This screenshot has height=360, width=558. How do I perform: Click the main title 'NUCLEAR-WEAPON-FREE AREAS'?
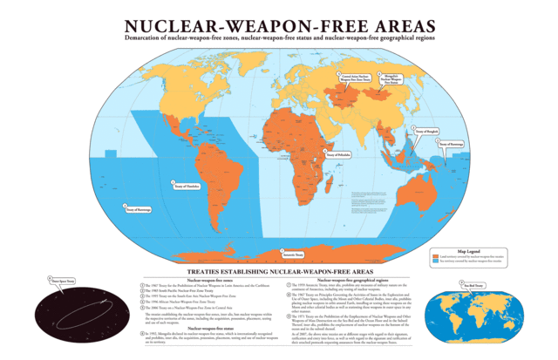tap(278, 25)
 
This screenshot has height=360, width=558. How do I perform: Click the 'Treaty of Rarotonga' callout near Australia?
tap(461, 144)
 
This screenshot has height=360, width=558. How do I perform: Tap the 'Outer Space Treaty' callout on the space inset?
tap(62, 282)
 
